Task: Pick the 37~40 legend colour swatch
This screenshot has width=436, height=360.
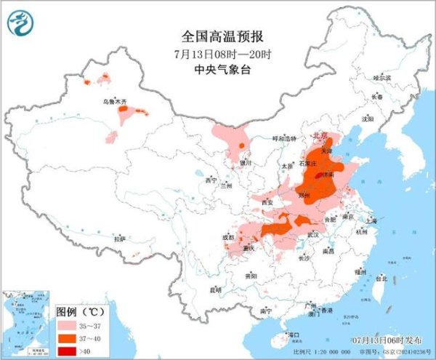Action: pos(70,337)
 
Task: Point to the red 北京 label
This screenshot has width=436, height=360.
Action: pos(320,135)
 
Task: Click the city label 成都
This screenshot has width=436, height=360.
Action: pos(228,236)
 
